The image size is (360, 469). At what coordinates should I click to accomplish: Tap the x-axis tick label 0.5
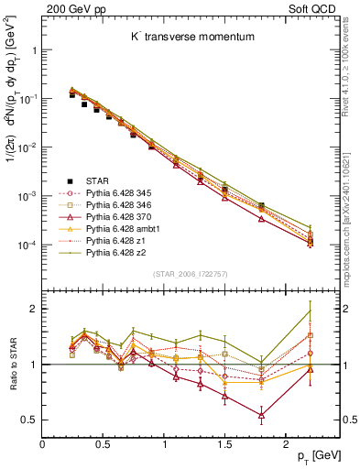(103, 446)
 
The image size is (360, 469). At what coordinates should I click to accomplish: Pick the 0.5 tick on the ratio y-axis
(30, 420)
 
